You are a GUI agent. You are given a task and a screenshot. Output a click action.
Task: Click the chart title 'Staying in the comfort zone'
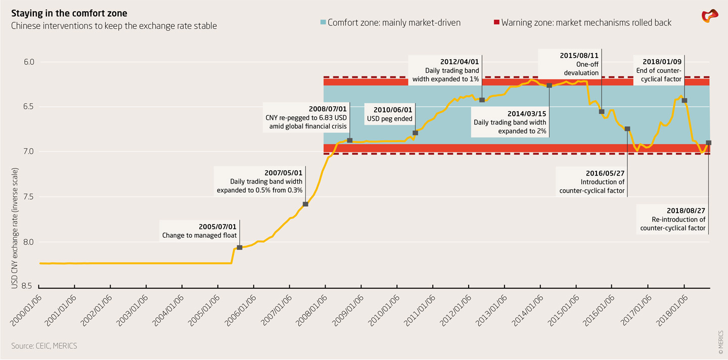69,13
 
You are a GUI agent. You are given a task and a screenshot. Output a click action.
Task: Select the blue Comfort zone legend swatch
324,22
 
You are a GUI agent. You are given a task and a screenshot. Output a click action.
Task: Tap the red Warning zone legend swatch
496,22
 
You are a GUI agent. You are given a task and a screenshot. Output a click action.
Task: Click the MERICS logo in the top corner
709,16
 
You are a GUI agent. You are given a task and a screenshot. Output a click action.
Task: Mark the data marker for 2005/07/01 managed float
239,247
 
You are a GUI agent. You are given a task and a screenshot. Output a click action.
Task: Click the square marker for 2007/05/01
305,204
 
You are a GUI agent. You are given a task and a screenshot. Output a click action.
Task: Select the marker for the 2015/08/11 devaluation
602,111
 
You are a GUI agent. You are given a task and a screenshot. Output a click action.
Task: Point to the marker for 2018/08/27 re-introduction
708,143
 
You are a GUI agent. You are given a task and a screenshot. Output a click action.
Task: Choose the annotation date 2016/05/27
605,173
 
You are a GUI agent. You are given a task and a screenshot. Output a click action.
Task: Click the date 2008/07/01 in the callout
328,109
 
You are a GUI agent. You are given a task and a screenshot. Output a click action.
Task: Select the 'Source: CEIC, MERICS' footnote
44,346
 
